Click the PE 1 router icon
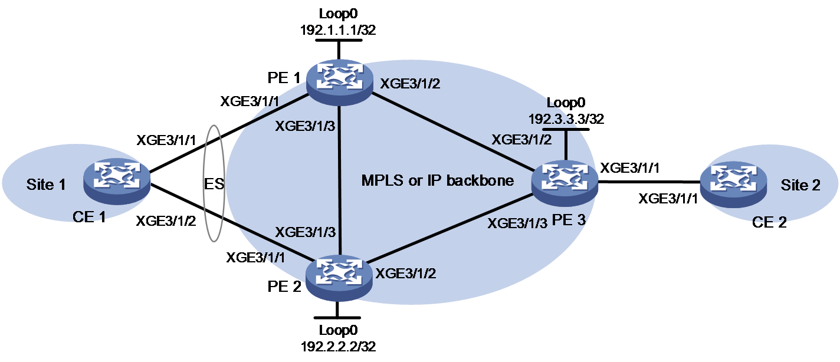339,83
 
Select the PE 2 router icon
339,278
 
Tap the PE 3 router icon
565,183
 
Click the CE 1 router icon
117,182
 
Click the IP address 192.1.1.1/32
338,29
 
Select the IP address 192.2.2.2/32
338,347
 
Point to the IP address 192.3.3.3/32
566,119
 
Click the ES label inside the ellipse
214,184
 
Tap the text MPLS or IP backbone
438,180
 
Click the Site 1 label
46,185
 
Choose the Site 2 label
800,185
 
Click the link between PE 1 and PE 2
340,180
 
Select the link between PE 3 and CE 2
649,182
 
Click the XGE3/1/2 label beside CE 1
166,221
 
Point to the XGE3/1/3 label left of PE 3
517,223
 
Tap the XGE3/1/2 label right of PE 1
410,84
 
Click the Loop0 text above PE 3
566,103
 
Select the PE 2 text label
284,287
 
